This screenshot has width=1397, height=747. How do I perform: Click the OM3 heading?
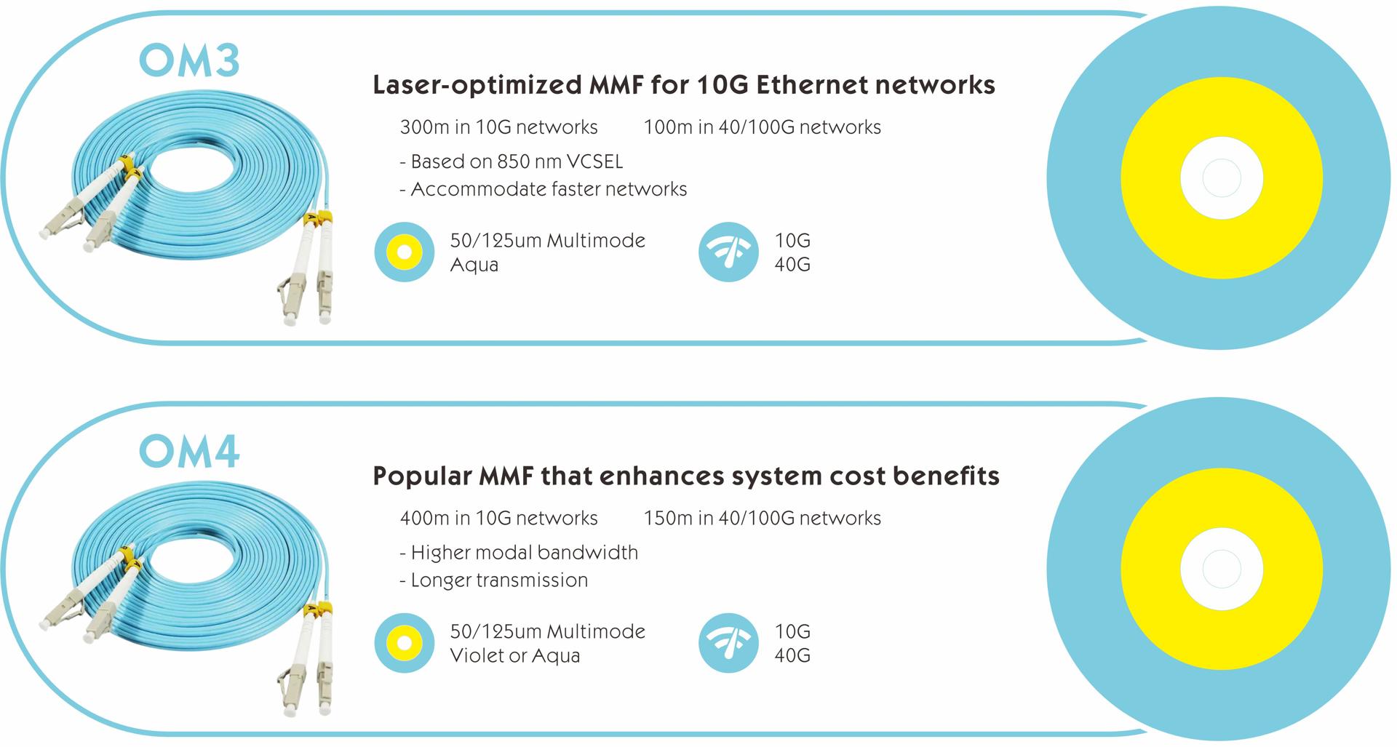tap(189, 61)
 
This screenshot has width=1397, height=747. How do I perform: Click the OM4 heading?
tap(189, 452)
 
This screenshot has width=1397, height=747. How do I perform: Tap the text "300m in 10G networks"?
tap(498, 127)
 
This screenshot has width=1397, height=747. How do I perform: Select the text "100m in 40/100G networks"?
tap(762, 127)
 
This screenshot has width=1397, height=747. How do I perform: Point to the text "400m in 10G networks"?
tap(498, 518)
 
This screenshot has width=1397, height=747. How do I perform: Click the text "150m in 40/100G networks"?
tap(762, 518)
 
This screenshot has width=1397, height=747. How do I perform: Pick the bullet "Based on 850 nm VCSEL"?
tap(511, 161)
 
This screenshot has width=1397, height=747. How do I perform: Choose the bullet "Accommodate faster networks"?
tap(543, 189)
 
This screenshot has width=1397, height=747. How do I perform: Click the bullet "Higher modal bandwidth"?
tap(518, 553)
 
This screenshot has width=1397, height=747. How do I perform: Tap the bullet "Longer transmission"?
tap(493, 580)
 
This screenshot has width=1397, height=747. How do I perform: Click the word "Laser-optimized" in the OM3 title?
tap(477, 86)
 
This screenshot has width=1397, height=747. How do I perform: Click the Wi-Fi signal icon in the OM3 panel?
tap(728, 252)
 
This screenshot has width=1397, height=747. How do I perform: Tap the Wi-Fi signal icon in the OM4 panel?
tap(728, 642)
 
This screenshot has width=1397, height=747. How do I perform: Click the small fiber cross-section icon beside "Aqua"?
tap(405, 252)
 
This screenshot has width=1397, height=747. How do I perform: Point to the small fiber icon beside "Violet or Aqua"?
tap(405, 642)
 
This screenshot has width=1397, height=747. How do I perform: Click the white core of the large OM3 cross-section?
tap(1222, 178)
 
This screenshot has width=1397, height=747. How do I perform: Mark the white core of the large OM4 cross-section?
tap(1222, 569)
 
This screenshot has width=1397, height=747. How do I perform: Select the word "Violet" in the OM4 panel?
tap(477, 655)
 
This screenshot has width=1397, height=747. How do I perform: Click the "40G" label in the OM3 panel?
tap(792, 265)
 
